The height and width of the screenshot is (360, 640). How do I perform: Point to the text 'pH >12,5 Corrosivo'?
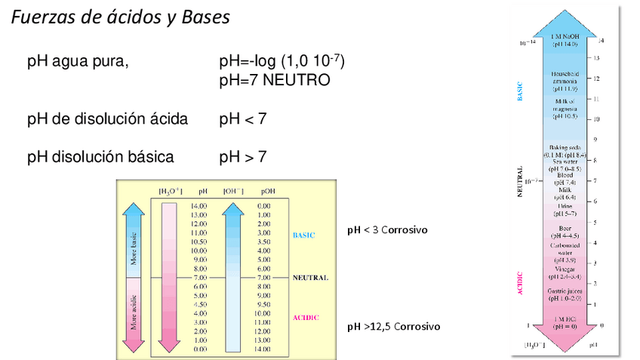[x=393, y=327]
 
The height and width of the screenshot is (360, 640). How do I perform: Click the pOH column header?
[x=264, y=192]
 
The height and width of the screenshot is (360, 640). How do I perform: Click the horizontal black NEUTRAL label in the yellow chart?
[x=311, y=278]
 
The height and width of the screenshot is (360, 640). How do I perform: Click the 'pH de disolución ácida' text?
[x=107, y=118]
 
